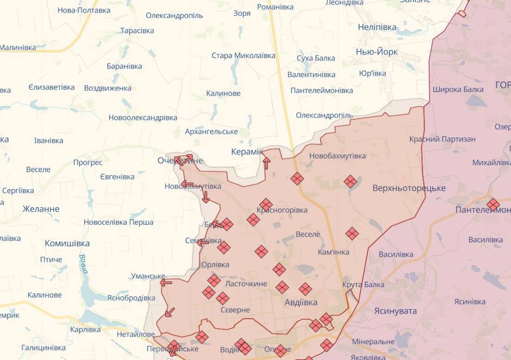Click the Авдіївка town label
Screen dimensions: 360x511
coord(301,303)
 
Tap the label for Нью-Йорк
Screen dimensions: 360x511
coord(376,52)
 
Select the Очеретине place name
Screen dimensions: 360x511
coord(180,161)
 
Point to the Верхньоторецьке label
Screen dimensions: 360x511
coord(409,188)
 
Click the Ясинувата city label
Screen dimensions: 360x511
coord(395,311)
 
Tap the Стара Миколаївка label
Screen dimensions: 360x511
coord(243,56)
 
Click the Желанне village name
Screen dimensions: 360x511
coord(41,209)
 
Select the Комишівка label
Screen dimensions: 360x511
coord(67,243)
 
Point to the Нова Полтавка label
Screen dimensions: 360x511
coord(84,10)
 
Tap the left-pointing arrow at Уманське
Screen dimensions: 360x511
coord(166,282)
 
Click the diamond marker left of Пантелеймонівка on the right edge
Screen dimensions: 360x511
coord(493,205)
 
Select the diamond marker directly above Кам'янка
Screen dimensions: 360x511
coord(352,234)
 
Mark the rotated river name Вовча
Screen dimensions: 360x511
coord(83,264)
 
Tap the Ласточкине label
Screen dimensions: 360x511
coord(246,283)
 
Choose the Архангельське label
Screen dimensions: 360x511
coord(211,131)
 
